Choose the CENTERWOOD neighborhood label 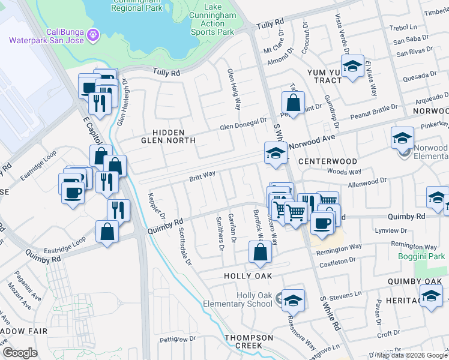coord(327,161)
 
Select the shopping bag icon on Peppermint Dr coord(292,101)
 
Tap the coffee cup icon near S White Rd coord(321,223)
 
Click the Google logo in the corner coord(20,353)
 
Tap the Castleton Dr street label coord(337,262)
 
